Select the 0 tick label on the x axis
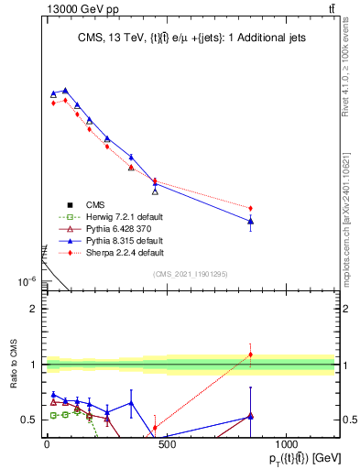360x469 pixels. [46, 443]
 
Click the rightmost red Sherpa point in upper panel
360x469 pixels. [250, 208]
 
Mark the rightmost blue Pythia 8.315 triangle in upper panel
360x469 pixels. [250, 221]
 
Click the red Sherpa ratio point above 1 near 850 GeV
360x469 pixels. [250, 354]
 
